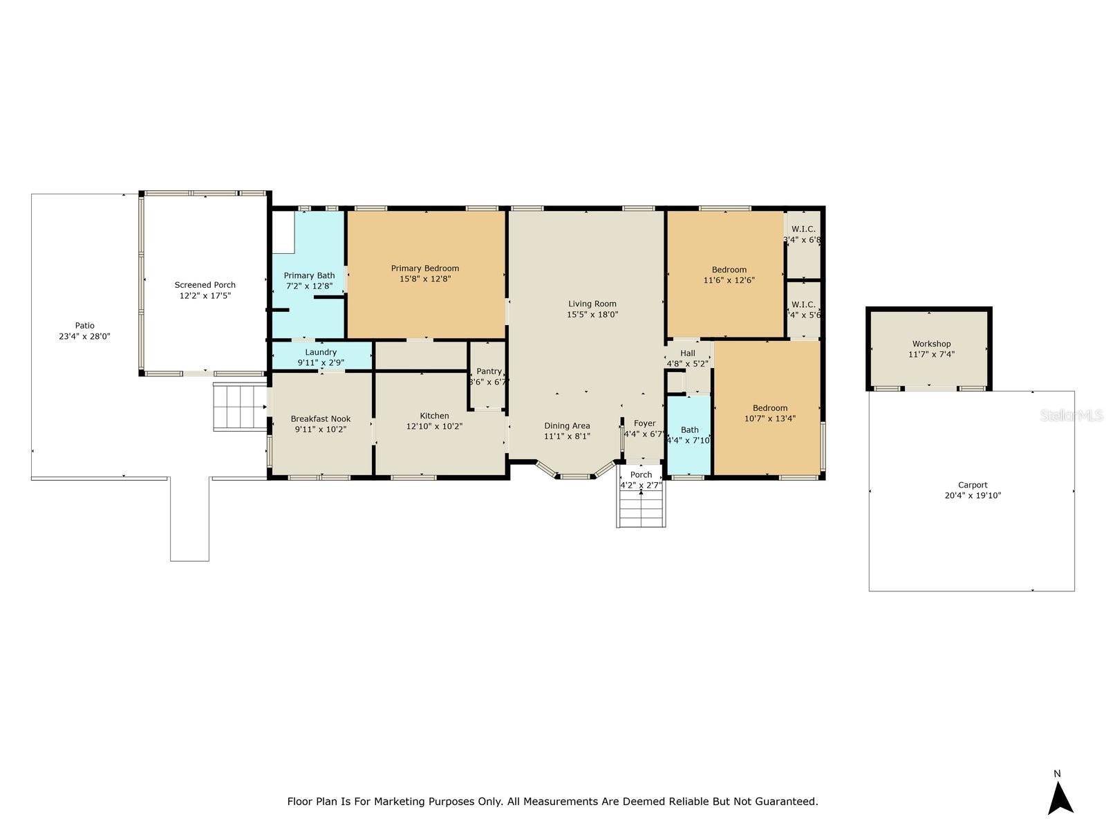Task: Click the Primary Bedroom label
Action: coord(425,268)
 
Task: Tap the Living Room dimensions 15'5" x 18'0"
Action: coord(592,314)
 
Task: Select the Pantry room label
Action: coord(489,371)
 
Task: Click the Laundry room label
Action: coord(321,352)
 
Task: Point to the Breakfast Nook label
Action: coord(321,418)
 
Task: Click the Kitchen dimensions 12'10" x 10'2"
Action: coord(435,427)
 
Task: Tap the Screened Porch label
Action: coord(205,284)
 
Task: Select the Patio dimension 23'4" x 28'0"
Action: coord(85,336)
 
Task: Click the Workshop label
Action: coord(931,344)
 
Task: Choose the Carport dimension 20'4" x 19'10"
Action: coord(973,495)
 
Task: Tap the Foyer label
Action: coord(644,423)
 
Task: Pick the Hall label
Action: coord(688,353)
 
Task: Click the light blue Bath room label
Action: coord(689,430)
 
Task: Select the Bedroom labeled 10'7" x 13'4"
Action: coord(770,408)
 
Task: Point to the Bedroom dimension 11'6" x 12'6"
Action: coord(729,280)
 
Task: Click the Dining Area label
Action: coord(567,426)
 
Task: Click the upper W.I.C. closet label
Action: coord(803,229)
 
